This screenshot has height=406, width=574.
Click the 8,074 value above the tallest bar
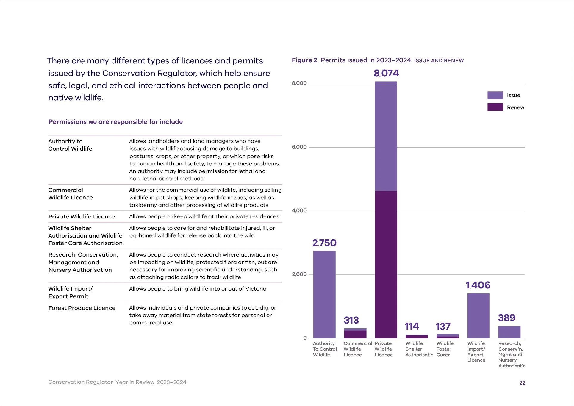[386, 73]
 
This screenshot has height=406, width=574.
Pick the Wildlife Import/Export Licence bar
[478, 316]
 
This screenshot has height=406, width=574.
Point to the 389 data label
[506, 318]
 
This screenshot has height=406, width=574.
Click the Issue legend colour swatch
[495, 95]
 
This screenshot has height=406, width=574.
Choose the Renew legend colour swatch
[495, 107]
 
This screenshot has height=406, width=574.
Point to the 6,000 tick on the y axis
[299, 147]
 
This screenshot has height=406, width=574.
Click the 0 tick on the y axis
[305, 338]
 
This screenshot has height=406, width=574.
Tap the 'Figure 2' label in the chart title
[304, 60]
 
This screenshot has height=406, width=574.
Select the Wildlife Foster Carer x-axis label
[445, 349]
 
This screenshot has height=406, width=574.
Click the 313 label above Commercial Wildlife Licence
[351, 320]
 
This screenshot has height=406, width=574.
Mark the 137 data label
[443, 327]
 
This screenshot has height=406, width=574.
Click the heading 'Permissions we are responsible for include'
[115, 122]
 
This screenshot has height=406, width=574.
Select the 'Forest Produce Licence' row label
[82, 308]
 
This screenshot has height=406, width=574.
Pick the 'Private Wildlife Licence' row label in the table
[82, 217]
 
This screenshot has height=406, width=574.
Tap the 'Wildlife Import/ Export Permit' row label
[71, 292]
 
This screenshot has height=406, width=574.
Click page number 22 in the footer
[522, 383]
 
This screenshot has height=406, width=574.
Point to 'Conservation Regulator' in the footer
[80, 382]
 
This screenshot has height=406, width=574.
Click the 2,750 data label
[324, 243]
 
